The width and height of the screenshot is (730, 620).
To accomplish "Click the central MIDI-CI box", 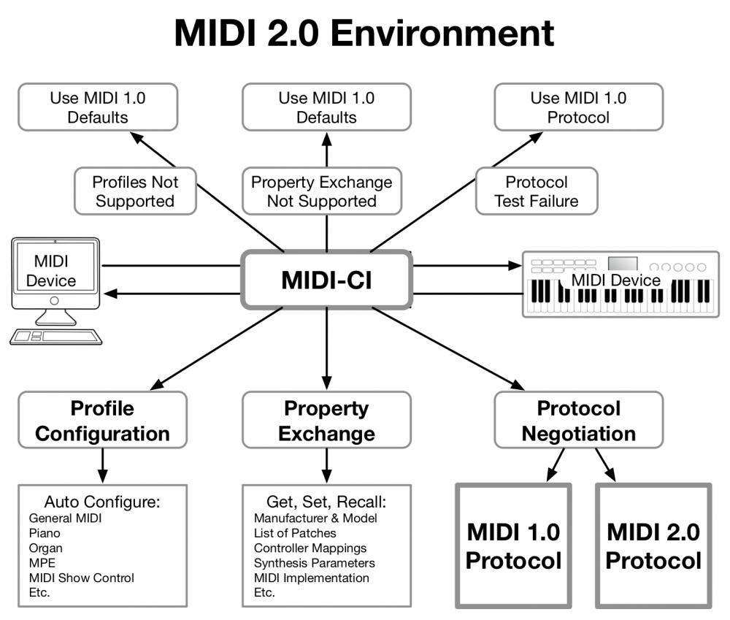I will coord(326,280).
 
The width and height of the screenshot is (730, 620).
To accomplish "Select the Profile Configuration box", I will coord(102,421).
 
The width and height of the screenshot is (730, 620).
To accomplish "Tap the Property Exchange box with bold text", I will coord(326,421).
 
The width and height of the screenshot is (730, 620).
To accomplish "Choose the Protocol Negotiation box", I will coord(578,421).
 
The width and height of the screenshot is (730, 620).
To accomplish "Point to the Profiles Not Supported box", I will coord(135,191).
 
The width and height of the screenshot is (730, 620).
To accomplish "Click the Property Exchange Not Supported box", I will coord(321,191).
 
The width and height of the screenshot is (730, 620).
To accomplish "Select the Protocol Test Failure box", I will coord(537,191).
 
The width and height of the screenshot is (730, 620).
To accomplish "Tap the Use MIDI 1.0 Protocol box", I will coord(578,107).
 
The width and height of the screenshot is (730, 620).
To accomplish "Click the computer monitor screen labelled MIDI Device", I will coord(55,271).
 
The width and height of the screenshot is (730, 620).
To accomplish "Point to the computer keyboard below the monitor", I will coord(55,336).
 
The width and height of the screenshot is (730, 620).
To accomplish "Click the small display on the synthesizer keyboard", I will coord(622,264).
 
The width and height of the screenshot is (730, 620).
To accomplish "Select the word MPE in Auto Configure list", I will coord(42,563).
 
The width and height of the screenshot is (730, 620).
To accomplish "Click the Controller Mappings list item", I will coord(310,548).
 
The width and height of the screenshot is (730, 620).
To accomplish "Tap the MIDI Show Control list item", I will coord(82,578).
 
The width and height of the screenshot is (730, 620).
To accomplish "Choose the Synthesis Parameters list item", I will coord(314,563).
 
